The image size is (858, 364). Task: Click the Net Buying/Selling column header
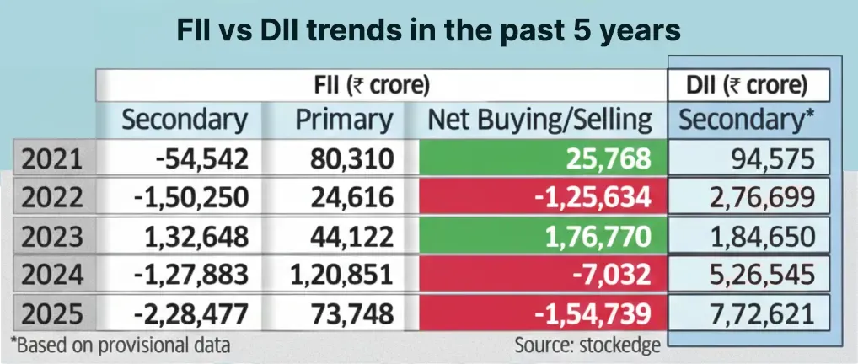[540, 120]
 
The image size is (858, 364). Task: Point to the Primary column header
[344, 120]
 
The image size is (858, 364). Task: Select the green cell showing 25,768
[539, 159]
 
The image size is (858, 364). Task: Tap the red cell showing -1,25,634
[539, 198]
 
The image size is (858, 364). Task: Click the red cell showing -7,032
[539, 276]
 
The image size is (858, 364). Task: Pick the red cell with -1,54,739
[539, 314]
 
